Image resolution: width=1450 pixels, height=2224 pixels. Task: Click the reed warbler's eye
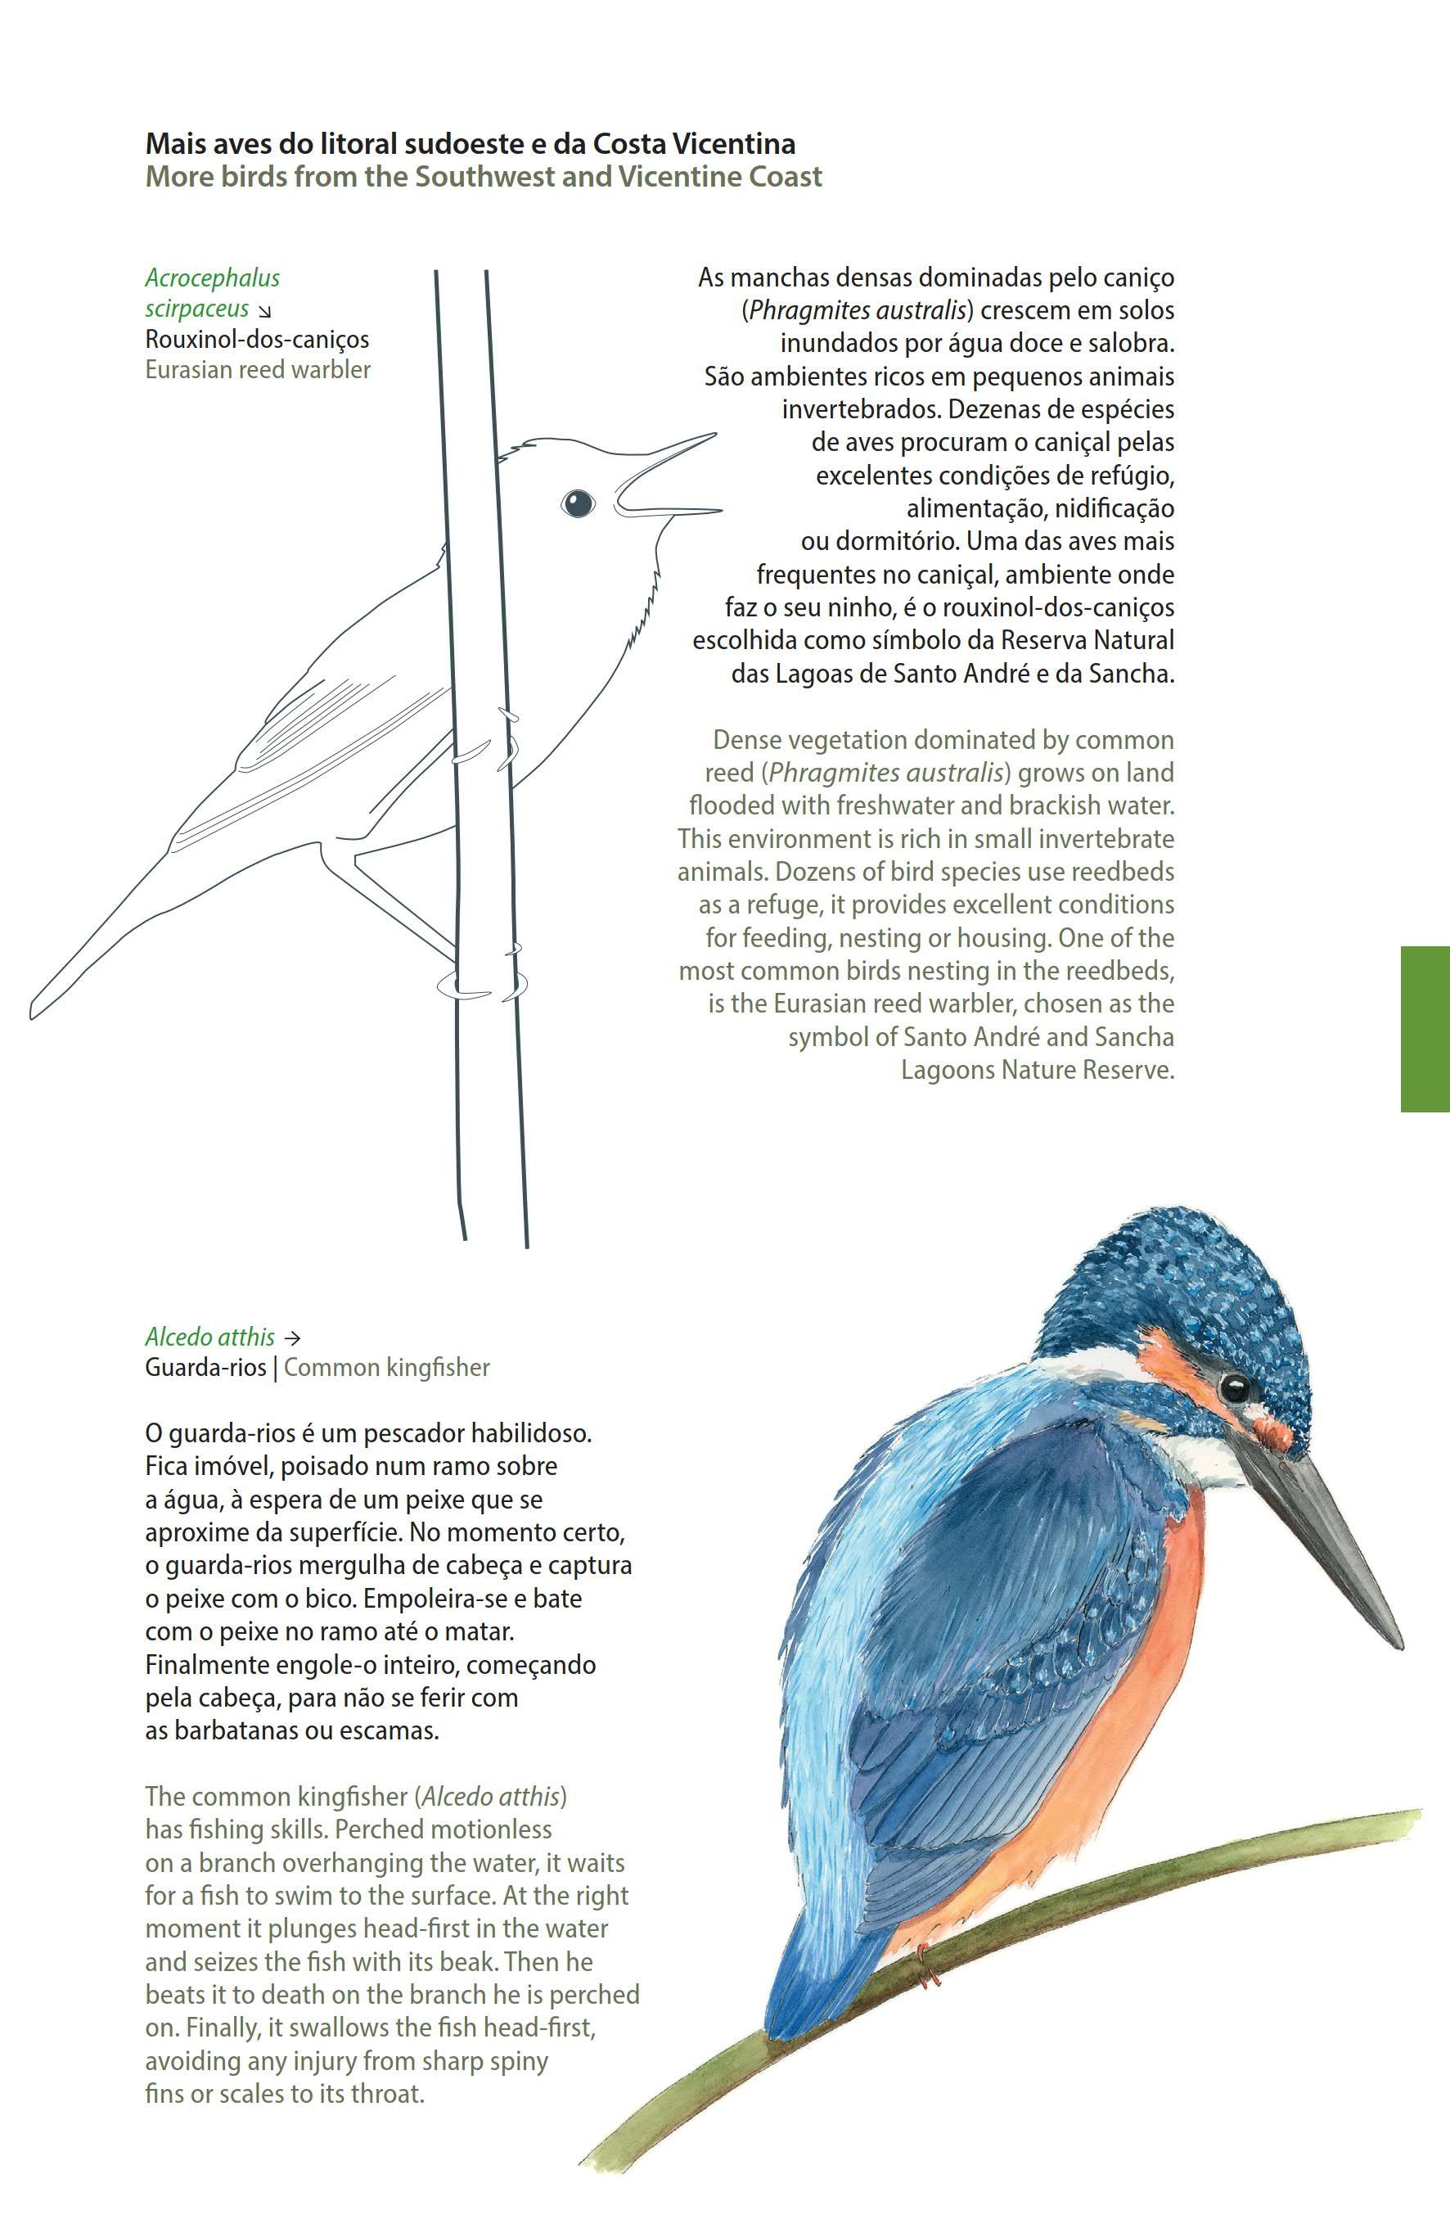(x=578, y=503)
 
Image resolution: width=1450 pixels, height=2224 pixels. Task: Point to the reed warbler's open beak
(x=668, y=476)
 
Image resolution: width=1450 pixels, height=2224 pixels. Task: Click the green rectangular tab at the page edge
(x=1425, y=1028)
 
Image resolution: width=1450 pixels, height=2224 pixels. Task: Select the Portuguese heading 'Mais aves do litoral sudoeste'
(x=470, y=144)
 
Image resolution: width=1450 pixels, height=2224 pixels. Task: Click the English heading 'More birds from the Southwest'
(x=483, y=177)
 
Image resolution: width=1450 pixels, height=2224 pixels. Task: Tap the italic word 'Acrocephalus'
(x=212, y=277)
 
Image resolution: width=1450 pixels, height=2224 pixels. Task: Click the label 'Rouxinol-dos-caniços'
(x=257, y=338)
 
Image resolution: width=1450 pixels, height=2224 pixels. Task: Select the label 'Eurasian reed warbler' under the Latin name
(x=258, y=369)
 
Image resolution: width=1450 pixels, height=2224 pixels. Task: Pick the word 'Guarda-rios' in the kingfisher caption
(x=205, y=1367)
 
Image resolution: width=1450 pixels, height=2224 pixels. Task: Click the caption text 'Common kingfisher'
(x=387, y=1367)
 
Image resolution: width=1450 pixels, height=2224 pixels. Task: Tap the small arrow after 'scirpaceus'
(x=265, y=311)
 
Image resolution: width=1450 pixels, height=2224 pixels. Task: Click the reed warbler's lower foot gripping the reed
(x=482, y=985)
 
